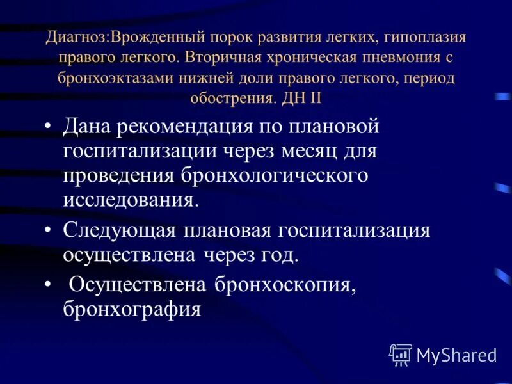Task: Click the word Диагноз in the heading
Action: click(76, 36)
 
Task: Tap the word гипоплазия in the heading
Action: click(428, 36)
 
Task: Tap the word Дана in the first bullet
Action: click(88, 126)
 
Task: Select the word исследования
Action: click(131, 199)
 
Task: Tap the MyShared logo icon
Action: click(400, 354)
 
